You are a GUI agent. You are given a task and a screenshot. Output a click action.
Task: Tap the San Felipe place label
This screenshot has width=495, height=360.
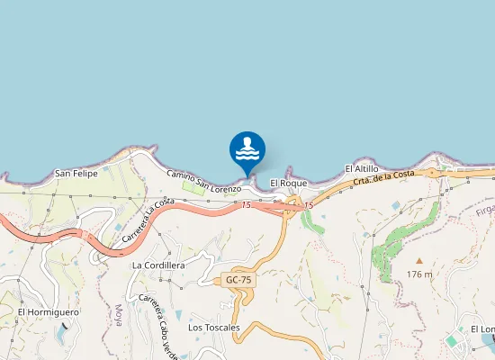point(76,173)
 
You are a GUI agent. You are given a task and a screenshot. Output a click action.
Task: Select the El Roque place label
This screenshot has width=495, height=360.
point(288,183)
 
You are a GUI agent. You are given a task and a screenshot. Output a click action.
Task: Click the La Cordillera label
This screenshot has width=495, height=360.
point(157,265)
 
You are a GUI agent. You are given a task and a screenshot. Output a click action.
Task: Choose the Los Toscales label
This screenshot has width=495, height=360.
point(214,328)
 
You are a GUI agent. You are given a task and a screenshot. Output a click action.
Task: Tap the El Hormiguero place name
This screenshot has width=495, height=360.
point(49,312)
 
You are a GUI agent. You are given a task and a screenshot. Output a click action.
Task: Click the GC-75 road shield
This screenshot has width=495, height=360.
point(239,280)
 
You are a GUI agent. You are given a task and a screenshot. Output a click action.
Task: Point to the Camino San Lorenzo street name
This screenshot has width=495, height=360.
point(204,180)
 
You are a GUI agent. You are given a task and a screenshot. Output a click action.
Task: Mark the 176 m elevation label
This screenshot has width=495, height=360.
point(418,273)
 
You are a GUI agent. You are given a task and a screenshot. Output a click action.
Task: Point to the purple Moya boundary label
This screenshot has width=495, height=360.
point(118,315)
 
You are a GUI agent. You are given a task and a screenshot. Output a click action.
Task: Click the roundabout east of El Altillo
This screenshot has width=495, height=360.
point(432,172)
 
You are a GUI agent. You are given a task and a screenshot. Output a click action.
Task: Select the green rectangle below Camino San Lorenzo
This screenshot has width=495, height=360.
point(193,187)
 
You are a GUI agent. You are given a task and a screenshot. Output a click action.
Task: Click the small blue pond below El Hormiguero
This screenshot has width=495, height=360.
point(61,333)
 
